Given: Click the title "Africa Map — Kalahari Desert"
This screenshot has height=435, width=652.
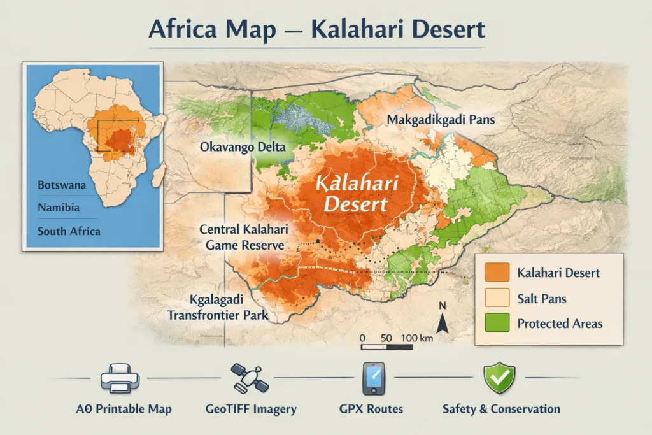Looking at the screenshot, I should coord(316,30).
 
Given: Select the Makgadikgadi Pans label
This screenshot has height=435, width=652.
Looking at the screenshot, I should coord(441,119).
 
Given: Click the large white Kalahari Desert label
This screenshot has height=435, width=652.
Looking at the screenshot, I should coord(356,195).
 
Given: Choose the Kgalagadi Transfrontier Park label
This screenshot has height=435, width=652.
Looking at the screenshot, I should coord(217,307).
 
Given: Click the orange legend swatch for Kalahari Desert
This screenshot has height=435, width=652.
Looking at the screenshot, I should coord(497,273).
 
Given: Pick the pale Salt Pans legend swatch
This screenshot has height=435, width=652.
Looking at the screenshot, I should coord(497,298).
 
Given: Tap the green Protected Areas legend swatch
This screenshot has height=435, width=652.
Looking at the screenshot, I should coord(497,323).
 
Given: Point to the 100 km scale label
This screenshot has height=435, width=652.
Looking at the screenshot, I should coord(417,338).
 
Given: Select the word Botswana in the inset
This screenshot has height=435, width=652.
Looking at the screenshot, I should coord(62,185).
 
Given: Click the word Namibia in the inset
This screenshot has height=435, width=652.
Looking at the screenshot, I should coord(59,208).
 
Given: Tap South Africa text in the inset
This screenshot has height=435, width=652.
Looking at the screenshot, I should coord(69,231).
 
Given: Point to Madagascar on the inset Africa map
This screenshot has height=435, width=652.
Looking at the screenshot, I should coord(159,173).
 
